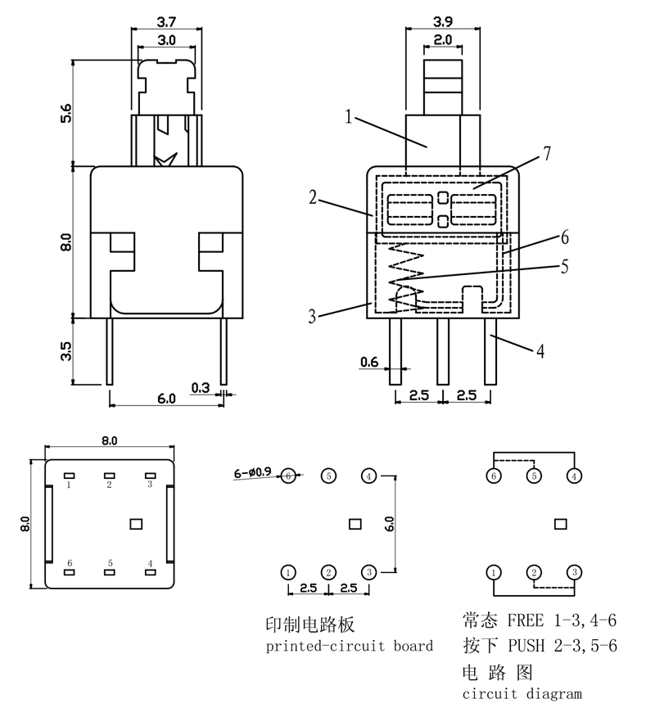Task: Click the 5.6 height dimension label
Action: point(66,112)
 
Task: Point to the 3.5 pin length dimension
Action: point(66,350)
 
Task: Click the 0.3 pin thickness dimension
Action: point(199,387)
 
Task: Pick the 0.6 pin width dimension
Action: point(368,361)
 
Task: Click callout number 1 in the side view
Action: point(349,118)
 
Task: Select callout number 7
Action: point(546,153)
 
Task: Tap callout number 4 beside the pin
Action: point(540,351)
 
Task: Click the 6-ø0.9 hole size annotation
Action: point(255,472)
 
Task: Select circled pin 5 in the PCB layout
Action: point(328,476)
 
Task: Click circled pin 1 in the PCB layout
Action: point(288,571)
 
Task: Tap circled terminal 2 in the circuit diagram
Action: point(534,571)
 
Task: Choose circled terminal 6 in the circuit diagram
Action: point(494,476)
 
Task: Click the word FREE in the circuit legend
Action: point(524,620)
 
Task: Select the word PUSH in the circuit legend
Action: point(524,646)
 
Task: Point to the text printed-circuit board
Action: point(350,646)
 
